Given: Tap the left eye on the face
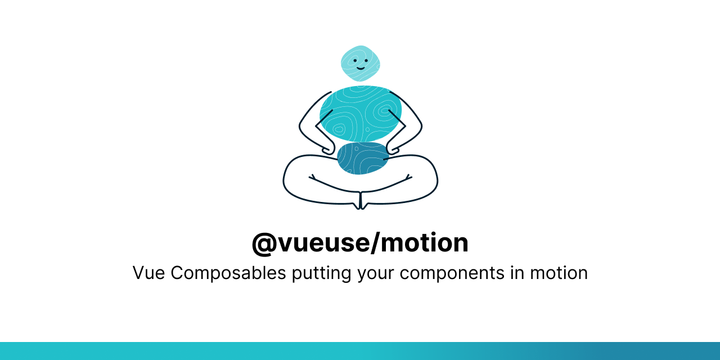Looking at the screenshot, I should pyautogui.click(x=355, y=60).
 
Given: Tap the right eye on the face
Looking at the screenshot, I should pyautogui.click(x=366, y=60).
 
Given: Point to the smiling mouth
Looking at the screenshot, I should pyautogui.click(x=360, y=67).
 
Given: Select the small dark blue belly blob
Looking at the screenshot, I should pyautogui.click(x=363, y=159).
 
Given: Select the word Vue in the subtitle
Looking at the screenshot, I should pyautogui.click(x=148, y=273).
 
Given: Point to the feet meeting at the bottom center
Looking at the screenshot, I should pyautogui.click(x=361, y=204).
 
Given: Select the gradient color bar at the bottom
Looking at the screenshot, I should pyautogui.click(x=360, y=351).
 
